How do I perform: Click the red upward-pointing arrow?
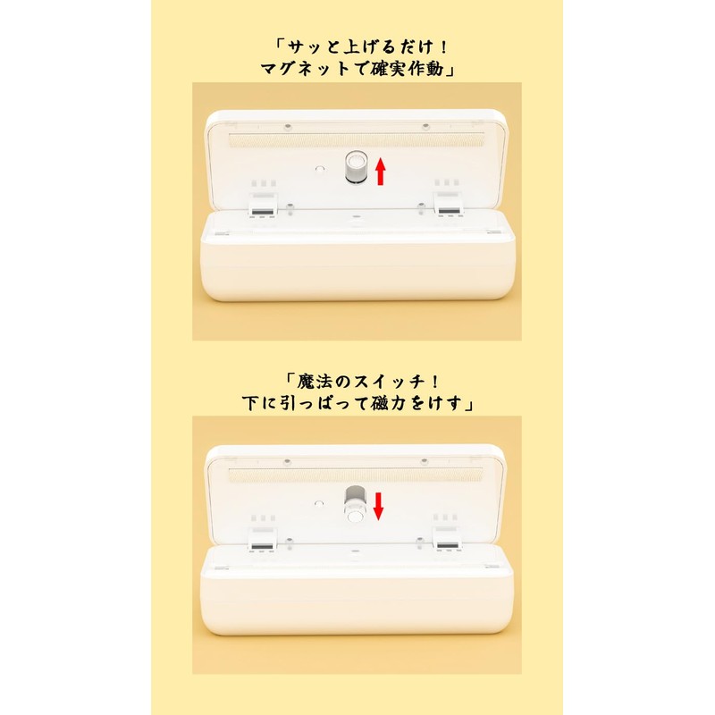[x=381, y=170]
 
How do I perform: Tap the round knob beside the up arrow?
[x=357, y=168]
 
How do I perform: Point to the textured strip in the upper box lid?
[x=357, y=140]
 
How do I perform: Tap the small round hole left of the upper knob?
[x=319, y=166]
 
